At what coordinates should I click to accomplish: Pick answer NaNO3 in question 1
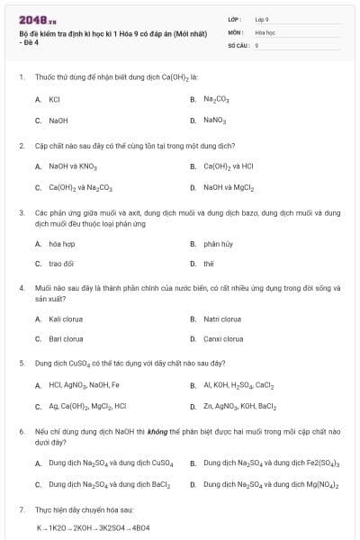tap(214, 120)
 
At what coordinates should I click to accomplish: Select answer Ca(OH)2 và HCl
tap(229, 166)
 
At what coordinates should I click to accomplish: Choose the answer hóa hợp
tap(61, 243)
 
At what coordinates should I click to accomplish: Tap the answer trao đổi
tap(61, 264)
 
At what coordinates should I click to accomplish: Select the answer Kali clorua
tap(66, 319)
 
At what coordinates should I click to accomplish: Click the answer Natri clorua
tap(222, 319)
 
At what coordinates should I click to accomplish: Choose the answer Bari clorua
tap(66, 339)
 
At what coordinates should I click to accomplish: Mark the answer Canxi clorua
tap(222, 339)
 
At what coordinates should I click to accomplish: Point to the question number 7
tap(22, 509)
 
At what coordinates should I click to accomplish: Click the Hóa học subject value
tap(265, 31)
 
